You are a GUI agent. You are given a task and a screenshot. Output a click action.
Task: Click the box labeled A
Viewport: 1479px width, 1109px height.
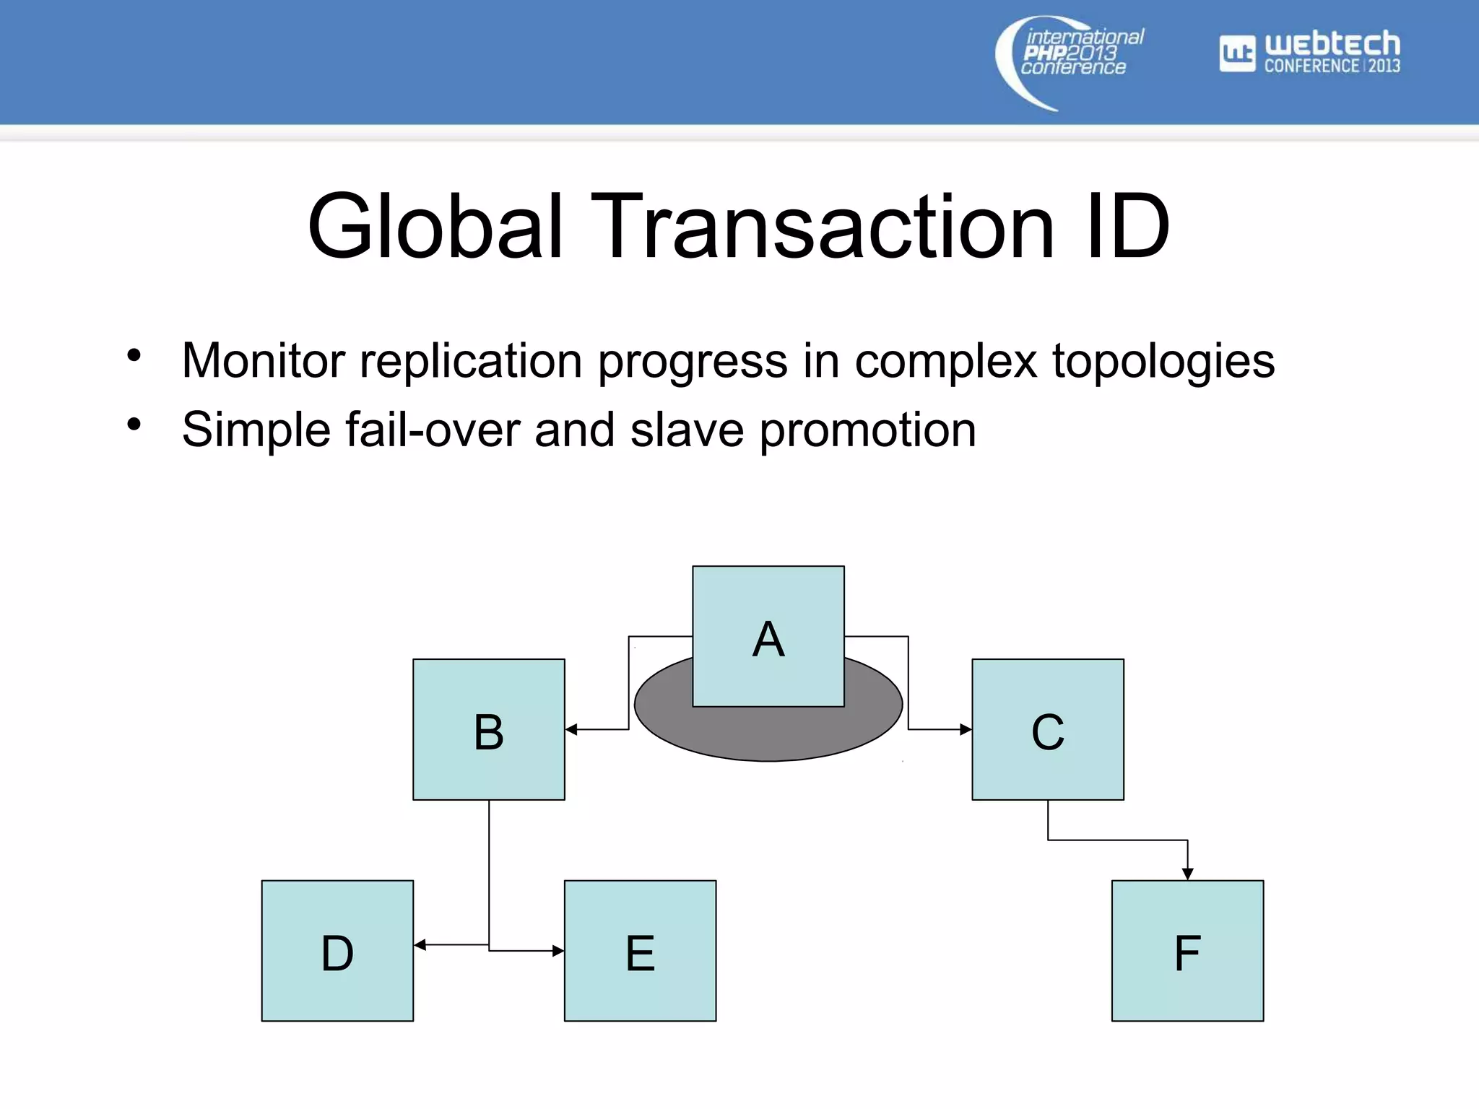[768, 636]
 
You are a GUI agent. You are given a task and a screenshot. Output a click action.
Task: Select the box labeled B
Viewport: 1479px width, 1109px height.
[489, 729]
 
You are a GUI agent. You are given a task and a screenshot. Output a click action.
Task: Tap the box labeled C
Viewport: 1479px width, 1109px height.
[1048, 729]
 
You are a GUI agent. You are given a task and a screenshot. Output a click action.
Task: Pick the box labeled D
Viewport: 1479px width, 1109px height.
[337, 950]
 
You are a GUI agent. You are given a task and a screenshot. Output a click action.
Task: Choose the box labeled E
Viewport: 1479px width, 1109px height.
[641, 950]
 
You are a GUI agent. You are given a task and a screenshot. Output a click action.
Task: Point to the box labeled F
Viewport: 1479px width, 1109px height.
[1188, 950]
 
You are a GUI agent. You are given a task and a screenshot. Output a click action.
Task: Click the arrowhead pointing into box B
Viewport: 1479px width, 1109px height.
[571, 729]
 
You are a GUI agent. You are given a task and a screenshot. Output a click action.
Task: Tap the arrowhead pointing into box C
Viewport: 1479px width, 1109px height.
[966, 729]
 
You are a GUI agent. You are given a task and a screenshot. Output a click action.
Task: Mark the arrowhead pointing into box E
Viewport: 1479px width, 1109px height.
[558, 951]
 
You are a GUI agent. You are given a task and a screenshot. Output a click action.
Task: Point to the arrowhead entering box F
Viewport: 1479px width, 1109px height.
[1188, 874]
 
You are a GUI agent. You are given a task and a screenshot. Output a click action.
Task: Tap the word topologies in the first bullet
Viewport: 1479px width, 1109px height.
[1163, 361]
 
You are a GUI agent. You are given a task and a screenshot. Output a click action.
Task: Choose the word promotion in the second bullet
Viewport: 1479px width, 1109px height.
[867, 431]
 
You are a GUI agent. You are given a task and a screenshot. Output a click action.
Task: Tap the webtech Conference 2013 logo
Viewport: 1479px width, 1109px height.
[1310, 52]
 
